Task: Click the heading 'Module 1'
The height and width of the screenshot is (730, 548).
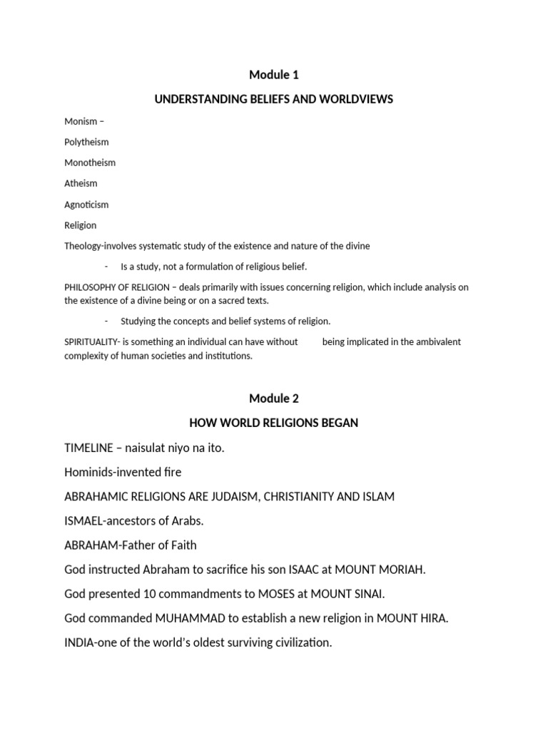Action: pyautogui.click(x=273, y=75)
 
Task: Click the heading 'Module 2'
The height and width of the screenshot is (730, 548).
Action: pyautogui.click(x=273, y=399)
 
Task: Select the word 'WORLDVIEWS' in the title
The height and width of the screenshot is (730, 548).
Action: pyautogui.click(x=358, y=99)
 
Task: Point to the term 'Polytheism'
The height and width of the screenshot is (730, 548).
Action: pyautogui.click(x=86, y=142)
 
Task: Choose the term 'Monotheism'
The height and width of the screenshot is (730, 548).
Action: pyautogui.click(x=90, y=163)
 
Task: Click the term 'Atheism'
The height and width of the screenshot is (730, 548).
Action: pyautogui.click(x=81, y=183)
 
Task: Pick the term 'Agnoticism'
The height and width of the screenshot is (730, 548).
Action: pyautogui.click(x=86, y=205)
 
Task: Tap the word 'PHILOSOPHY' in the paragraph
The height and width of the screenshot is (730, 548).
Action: pyautogui.click(x=90, y=287)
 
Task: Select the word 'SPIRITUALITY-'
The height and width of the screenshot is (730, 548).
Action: pyautogui.click(x=92, y=342)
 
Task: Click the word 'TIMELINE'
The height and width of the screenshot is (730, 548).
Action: pyautogui.click(x=88, y=448)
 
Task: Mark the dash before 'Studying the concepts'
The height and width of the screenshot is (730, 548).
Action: pyautogui.click(x=106, y=322)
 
